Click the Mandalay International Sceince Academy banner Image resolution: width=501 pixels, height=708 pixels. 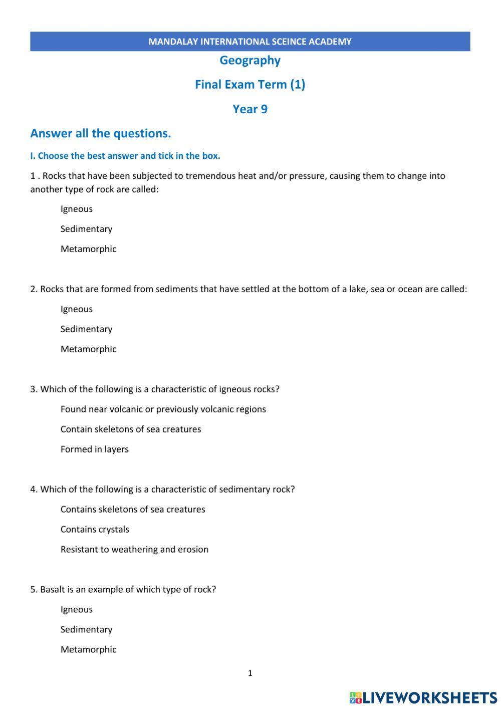250,42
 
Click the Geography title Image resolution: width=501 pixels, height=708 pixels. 250,61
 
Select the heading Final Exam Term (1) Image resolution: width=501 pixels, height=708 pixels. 250,84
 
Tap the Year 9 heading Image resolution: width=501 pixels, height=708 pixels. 250,109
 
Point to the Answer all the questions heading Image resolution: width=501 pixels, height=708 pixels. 101,133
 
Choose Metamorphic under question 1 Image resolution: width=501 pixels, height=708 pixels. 88,249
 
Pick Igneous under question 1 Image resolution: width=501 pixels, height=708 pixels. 77,209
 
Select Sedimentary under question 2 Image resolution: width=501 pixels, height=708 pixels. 86,329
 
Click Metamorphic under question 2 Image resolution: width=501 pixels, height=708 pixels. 88,349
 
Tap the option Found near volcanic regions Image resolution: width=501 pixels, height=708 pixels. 163,409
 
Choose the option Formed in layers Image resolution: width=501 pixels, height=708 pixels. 94,449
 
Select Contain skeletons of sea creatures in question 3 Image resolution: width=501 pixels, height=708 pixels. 130,429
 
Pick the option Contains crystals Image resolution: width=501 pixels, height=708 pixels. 95,530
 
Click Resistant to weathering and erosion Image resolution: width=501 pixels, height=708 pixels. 134,550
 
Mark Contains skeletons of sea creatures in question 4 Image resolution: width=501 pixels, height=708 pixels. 133,510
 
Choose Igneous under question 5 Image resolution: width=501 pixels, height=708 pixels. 77,610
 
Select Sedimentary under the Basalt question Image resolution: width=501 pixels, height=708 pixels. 86,630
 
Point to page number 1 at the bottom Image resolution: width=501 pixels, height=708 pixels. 250,673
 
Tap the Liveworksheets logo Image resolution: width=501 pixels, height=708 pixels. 423,697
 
